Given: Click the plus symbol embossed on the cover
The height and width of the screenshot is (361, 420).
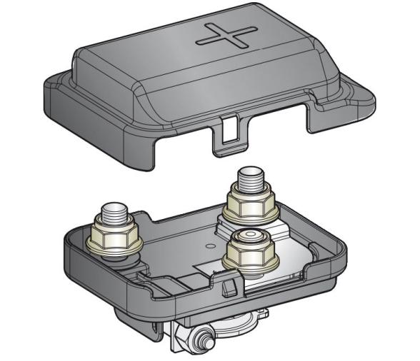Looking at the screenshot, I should click(226, 34).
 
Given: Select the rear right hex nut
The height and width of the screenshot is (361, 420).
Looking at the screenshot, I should click(251, 205).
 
